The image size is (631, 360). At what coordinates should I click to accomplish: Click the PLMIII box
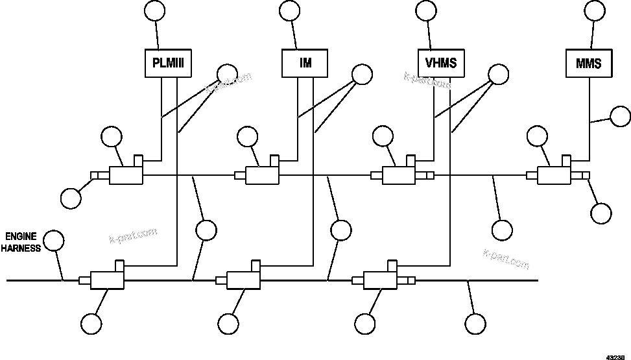click(168, 64)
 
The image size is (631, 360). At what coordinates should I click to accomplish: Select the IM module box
click(305, 64)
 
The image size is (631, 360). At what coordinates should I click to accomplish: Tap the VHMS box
click(441, 64)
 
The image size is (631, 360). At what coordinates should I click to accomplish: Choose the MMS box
click(588, 64)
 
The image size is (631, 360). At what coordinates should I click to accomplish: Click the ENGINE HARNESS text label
click(23, 242)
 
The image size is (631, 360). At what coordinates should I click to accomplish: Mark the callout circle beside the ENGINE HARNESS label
click(54, 240)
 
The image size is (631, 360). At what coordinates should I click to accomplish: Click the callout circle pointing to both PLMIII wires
click(227, 75)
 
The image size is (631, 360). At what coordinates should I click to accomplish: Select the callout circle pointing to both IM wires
click(362, 75)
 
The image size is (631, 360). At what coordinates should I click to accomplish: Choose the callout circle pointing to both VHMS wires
click(499, 75)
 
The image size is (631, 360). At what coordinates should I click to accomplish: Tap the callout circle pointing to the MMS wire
click(621, 117)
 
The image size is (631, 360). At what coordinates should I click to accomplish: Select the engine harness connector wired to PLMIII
click(108, 279)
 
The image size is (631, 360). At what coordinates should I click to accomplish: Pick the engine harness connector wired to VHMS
click(380, 279)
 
